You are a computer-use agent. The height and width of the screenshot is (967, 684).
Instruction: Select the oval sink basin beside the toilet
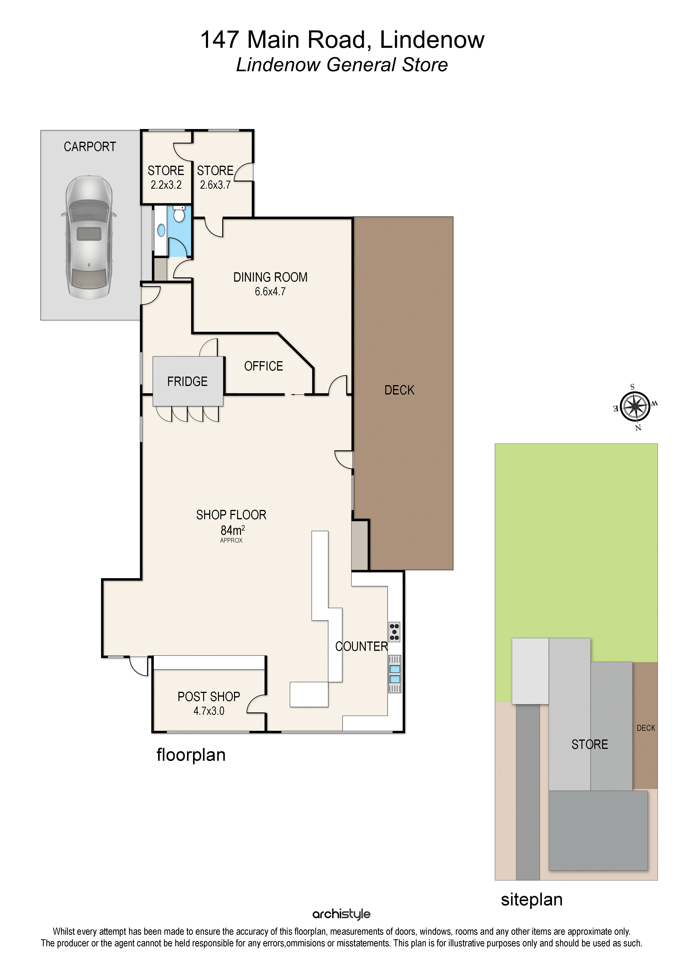161,230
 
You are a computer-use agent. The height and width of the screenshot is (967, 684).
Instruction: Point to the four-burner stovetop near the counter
394,632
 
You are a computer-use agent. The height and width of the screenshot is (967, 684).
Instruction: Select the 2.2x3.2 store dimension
166,185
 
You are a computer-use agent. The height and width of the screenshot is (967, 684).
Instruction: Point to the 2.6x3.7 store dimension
215,185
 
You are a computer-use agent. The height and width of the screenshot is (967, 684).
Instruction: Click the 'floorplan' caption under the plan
191,755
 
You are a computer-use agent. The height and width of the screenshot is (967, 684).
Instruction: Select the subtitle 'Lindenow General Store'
342,65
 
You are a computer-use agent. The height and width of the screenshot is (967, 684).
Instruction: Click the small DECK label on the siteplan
646,728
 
